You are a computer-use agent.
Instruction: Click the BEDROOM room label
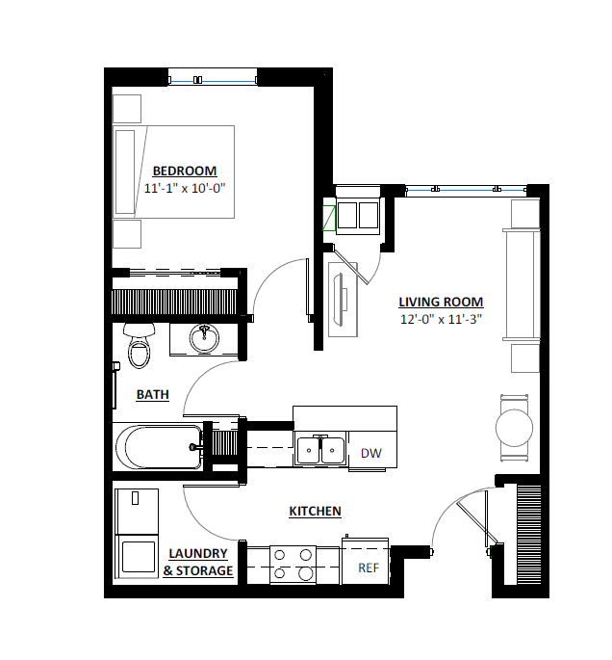185,171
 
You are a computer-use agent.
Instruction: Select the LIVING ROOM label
441,302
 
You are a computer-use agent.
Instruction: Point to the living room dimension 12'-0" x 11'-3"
441,319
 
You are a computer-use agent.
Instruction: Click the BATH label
152,394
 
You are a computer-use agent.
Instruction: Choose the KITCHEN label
315,511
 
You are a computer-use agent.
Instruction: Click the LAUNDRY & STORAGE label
198,562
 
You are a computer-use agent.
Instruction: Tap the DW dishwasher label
371,453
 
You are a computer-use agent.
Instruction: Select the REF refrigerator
369,568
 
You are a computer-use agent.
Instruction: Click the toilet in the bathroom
140,347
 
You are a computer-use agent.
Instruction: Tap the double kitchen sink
320,450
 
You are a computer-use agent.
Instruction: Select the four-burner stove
293,564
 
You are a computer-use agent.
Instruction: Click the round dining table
514,426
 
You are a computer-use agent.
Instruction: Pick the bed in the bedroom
173,172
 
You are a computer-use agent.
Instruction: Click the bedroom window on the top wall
213,78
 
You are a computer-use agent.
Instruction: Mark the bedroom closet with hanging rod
175,295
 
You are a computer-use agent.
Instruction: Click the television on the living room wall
341,298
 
